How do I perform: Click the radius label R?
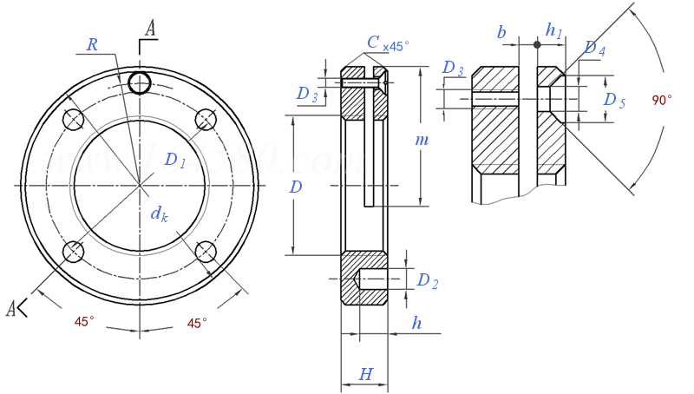click(x=92, y=45)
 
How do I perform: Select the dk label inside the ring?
click(x=158, y=213)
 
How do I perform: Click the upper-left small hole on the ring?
click(x=74, y=119)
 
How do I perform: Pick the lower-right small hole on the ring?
click(x=206, y=252)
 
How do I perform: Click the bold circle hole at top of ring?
click(x=139, y=82)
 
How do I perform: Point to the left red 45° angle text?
click(x=84, y=322)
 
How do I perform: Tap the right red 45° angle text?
click(x=197, y=323)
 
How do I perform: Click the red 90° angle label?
click(x=662, y=101)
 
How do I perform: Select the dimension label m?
click(x=422, y=140)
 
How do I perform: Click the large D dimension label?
click(x=296, y=187)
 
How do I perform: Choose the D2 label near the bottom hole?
click(x=428, y=280)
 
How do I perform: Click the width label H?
click(x=365, y=375)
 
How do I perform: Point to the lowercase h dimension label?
click(x=416, y=324)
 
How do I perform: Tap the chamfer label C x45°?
click(x=387, y=43)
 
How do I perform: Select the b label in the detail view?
click(x=501, y=32)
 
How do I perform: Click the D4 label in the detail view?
click(x=594, y=49)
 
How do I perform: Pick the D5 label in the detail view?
click(x=614, y=100)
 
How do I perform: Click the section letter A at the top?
click(x=150, y=29)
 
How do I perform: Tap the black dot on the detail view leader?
click(x=537, y=44)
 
